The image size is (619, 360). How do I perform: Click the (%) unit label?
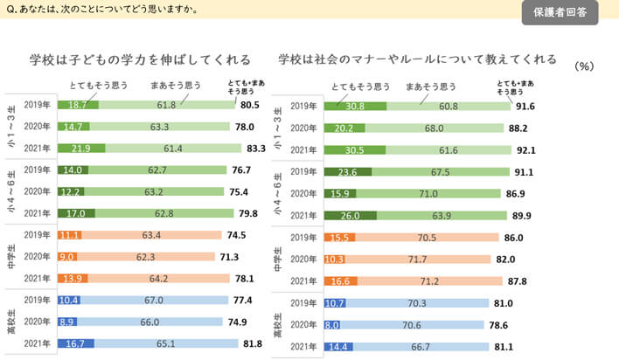coord(585,66)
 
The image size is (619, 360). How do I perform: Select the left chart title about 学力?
coord(140,60)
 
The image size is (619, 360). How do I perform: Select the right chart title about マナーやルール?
coord(418,59)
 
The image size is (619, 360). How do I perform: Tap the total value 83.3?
coord(254,148)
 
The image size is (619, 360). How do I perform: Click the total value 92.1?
coord(525,148)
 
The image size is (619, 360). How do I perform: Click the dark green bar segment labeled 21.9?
coord(80,148)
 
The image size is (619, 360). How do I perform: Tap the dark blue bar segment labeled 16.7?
coord(75,345)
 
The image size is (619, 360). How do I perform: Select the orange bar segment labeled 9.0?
coord(66,257)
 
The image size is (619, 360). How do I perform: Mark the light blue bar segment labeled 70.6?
coord(411,324)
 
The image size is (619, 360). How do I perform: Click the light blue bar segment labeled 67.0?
coord(156,301)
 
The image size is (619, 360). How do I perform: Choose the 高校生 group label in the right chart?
coord(278,324)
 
